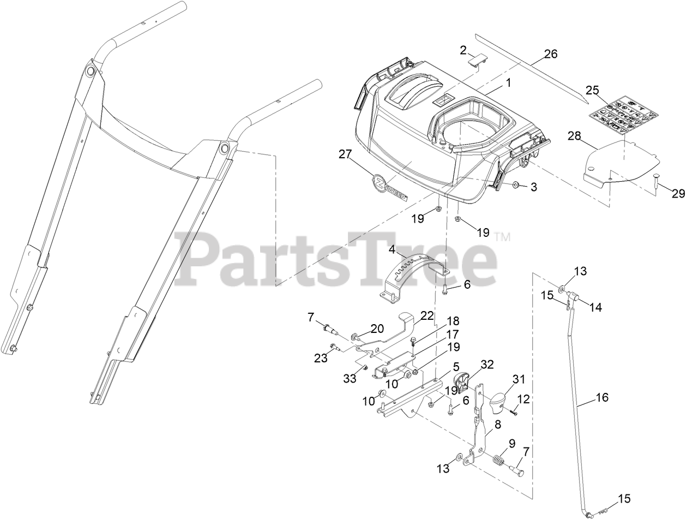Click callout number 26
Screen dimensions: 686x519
click(551, 54)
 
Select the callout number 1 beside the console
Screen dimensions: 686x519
click(508, 83)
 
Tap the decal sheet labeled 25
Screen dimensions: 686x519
click(624, 114)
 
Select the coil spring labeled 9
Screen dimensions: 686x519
click(498, 460)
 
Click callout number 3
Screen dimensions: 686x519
click(533, 187)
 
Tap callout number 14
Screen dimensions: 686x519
click(595, 307)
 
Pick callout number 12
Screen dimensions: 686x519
click(523, 399)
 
